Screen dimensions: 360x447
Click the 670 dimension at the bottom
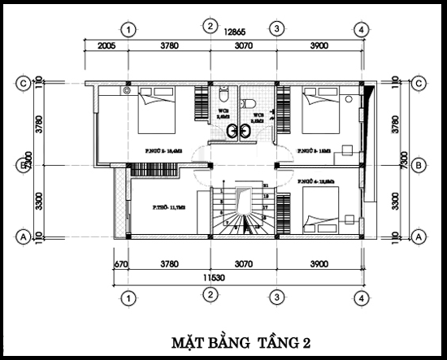click(122, 262)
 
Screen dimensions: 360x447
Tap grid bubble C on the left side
click(25, 82)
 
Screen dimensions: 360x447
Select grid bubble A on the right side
click(419, 236)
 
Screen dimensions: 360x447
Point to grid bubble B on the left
click(25, 165)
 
